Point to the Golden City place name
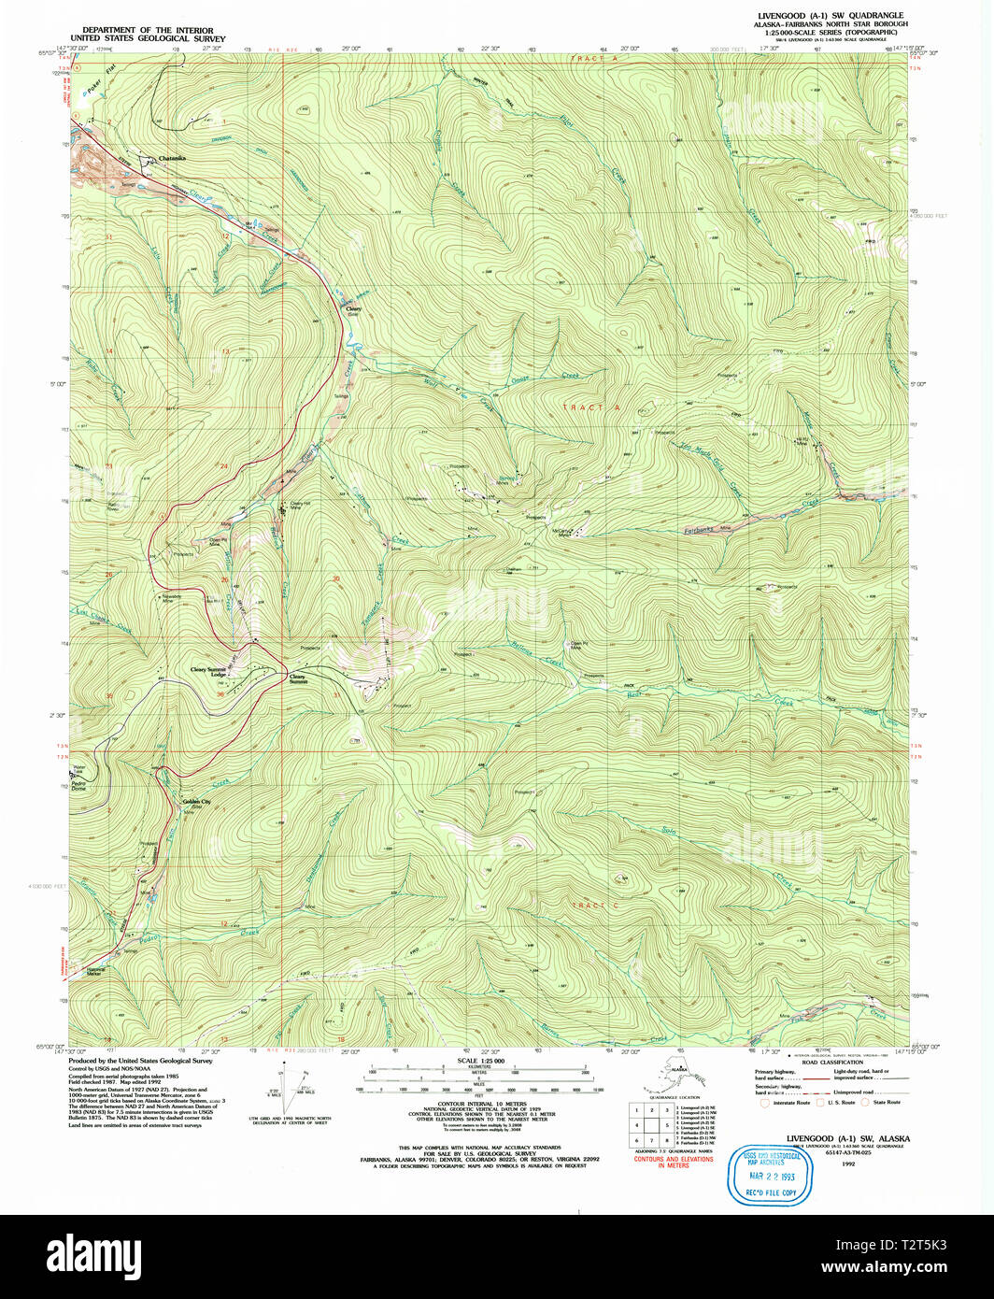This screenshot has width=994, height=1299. point(197,802)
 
